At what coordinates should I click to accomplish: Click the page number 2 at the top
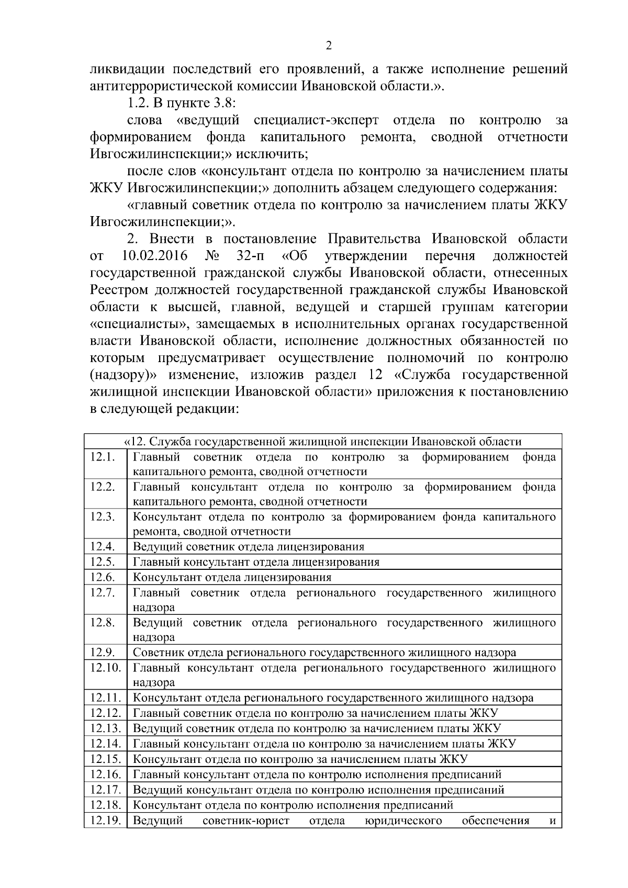[x=329, y=46]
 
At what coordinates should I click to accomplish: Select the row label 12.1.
[x=103, y=457]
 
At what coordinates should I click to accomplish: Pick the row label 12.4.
[x=103, y=547]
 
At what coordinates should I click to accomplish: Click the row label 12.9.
[x=103, y=653]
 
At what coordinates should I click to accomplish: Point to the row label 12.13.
[x=105, y=728]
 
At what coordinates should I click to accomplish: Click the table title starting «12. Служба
[x=323, y=442]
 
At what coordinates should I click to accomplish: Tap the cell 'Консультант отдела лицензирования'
[x=232, y=578]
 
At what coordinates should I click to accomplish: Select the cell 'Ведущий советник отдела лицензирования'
[x=249, y=547]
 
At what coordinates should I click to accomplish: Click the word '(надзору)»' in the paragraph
[x=122, y=375]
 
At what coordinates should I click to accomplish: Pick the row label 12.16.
[x=105, y=774]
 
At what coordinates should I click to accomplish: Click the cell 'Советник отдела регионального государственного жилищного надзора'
[x=324, y=653]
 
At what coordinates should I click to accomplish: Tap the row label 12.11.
[x=105, y=698]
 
